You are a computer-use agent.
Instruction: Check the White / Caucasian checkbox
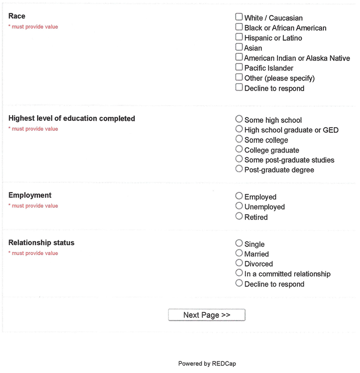click(239, 17)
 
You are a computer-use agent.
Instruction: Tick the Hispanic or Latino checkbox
click(239, 37)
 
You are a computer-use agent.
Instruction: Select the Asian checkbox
click(239, 47)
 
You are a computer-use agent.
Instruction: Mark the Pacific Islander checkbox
click(239, 67)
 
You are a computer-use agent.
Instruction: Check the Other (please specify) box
click(239, 78)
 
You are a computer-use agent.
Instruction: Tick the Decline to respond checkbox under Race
click(239, 88)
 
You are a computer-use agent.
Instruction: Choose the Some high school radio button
click(239, 119)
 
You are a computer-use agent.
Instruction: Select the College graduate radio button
click(239, 150)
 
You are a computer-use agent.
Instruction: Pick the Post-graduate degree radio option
click(239, 169)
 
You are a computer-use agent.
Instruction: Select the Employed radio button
click(239, 196)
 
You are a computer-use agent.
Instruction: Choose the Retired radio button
click(239, 216)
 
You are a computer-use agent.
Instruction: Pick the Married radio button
click(239, 253)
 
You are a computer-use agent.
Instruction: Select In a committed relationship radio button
click(239, 273)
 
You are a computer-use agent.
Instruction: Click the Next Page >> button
click(207, 315)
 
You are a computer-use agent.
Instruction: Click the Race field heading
click(17, 16)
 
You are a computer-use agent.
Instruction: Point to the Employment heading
click(30, 195)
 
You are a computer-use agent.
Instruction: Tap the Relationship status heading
click(41, 243)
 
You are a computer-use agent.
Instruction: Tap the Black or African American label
click(285, 28)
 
